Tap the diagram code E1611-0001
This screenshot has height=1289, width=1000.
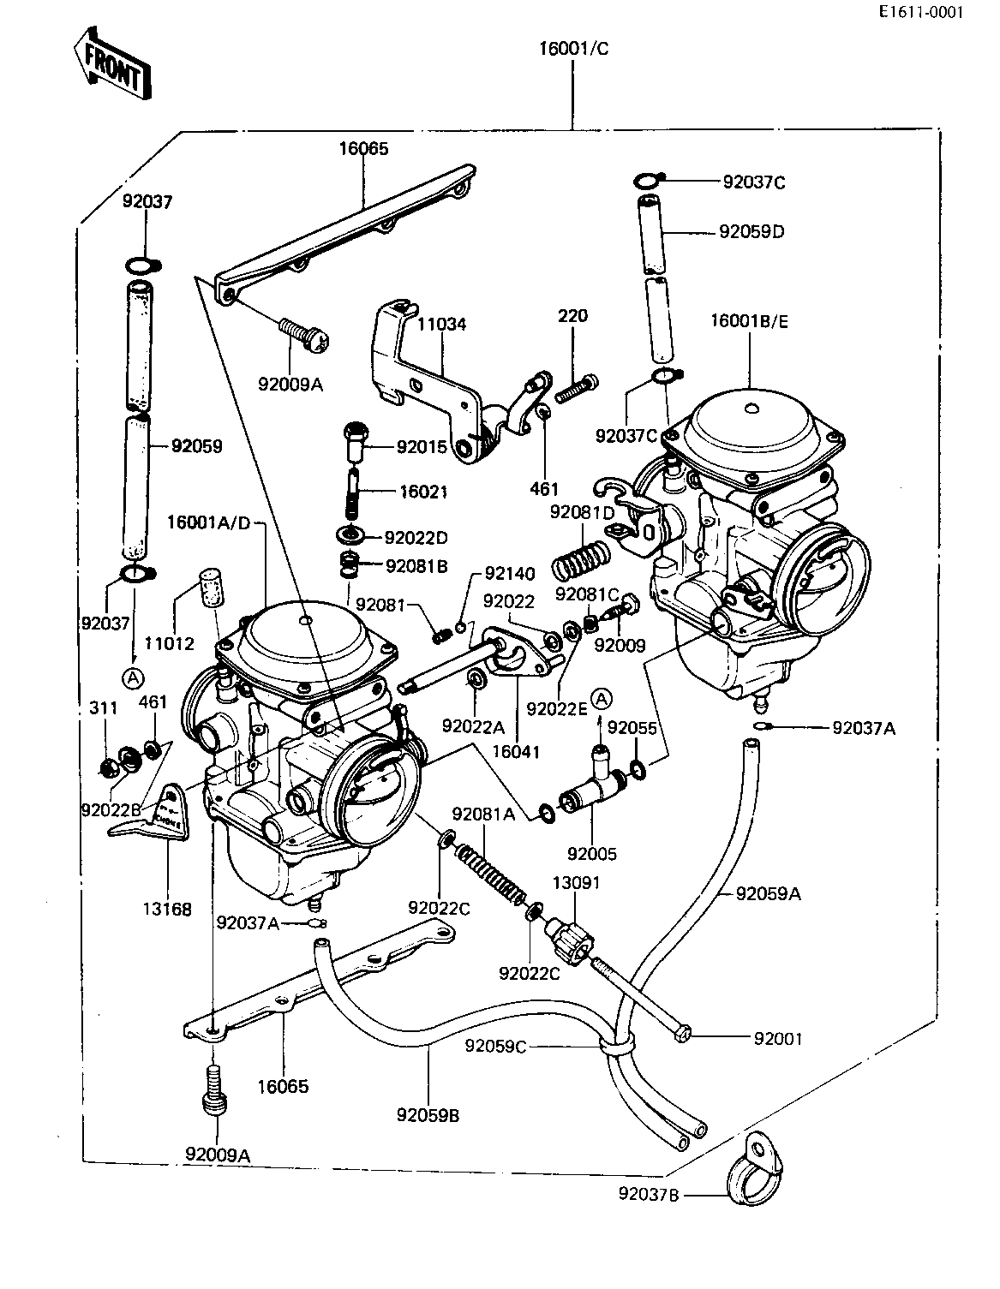tap(934, 12)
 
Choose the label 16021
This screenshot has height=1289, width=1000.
tap(423, 492)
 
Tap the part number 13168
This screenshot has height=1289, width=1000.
tap(168, 909)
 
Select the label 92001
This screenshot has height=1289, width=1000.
tap(778, 1039)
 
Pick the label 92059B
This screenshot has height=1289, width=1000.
tap(428, 1115)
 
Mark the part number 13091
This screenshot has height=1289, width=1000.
tap(576, 883)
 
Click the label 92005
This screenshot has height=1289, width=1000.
tap(592, 854)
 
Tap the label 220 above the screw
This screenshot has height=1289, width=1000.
tap(573, 315)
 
